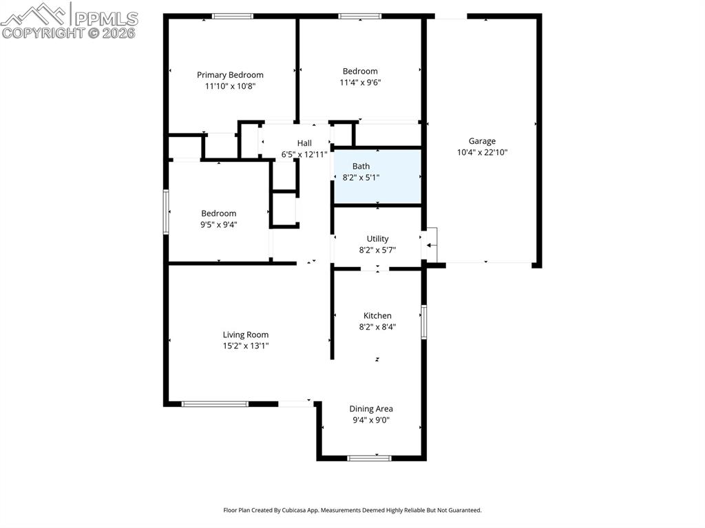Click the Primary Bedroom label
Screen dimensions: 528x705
tap(230, 75)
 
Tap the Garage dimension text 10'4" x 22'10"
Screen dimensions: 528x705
tap(482, 153)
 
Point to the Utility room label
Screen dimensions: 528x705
tap(377, 239)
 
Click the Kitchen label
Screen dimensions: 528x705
tap(377, 316)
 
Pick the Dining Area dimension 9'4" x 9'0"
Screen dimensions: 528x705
tap(370, 420)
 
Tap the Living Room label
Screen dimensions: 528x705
tap(246, 335)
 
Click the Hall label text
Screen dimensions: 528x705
tap(304, 143)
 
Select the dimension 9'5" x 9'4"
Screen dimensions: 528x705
tap(219, 224)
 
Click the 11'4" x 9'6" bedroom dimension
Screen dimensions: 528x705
tap(360, 83)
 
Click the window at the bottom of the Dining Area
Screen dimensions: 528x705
tap(369, 458)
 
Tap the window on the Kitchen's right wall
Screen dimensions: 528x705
tap(424, 322)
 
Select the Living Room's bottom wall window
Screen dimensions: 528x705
tap(215, 404)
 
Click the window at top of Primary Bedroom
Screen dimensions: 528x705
tap(232, 17)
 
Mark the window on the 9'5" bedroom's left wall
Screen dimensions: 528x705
tap(166, 212)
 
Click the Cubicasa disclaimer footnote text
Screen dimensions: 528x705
tap(352, 510)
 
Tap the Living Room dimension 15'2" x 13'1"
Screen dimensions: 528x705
tap(246, 346)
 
